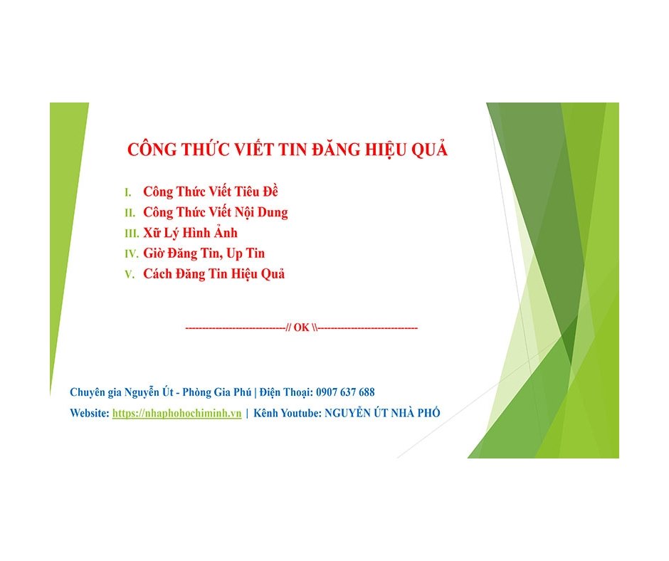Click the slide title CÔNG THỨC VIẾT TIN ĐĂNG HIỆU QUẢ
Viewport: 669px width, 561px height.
point(287,150)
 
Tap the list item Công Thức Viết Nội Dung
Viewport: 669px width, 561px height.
point(215,212)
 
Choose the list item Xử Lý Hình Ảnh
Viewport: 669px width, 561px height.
point(190,233)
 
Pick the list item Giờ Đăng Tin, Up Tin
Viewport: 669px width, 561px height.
point(204,253)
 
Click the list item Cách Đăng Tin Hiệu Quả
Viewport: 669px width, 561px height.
point(214,274)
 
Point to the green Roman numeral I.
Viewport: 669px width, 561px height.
point(127,192)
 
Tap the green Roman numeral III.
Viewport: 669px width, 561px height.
point(132,234)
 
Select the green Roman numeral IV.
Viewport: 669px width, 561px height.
point(132,254)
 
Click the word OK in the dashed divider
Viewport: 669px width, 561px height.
point(301,328)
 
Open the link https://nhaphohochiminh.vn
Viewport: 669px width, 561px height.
point(177,414)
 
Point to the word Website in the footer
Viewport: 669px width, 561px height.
point(89,414)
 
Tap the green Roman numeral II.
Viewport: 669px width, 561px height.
point(130,213)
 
